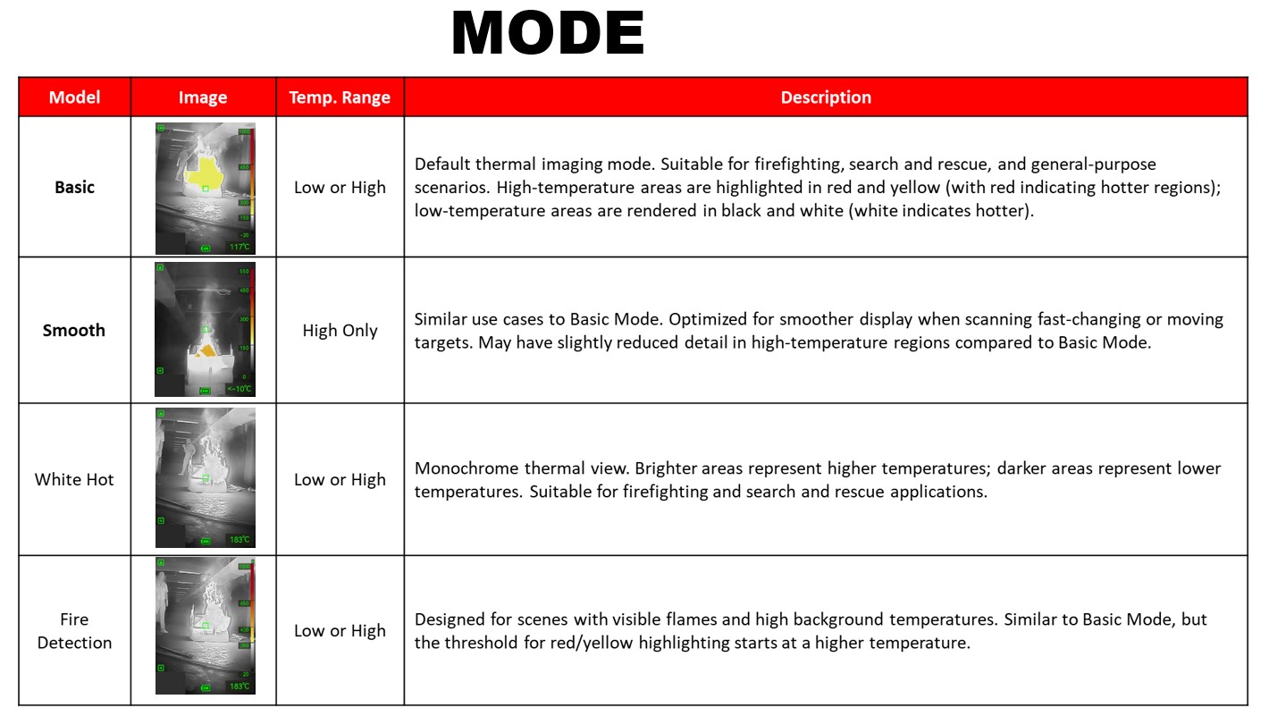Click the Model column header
[74, 97]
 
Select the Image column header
[203, 97]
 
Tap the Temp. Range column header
[340, 97]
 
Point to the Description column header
[826, 97]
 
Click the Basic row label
[74, 187]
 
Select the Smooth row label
[74, 330]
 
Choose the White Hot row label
[74, 479]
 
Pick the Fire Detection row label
[74, 630]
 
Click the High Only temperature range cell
[340, 330]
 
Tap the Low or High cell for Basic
[340, 187]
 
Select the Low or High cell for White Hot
[340, 479]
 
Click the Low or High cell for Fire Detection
[340, 630]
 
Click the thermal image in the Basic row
[205, 189]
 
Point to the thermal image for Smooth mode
[205, 330]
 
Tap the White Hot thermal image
[205, 478]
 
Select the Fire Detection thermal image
[205, 626]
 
